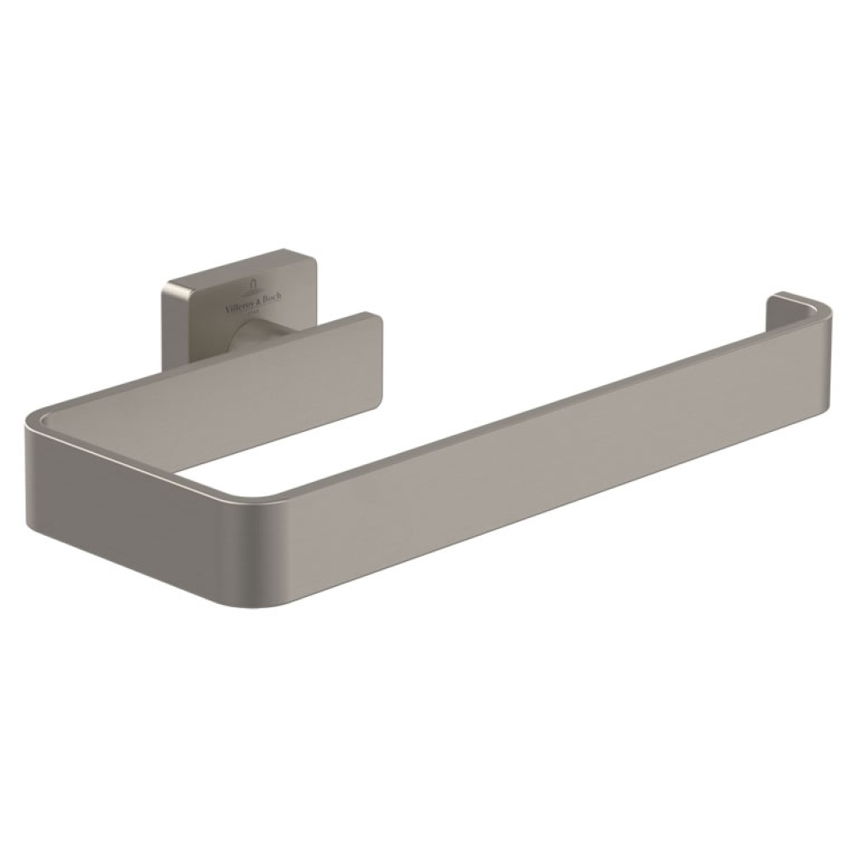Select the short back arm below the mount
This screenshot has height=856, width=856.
[x=281, y=375]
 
